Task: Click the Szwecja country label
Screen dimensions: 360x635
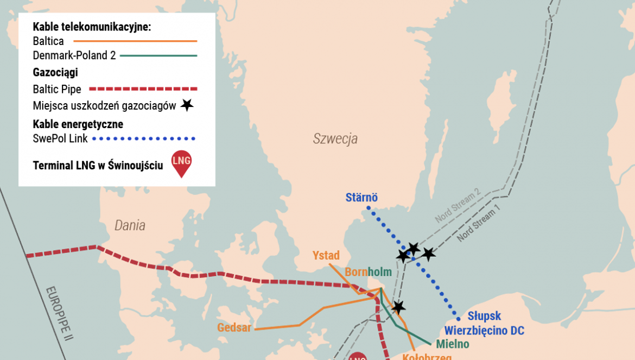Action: click(x=335, y=138)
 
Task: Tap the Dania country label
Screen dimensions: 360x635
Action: click(x=130, y=225)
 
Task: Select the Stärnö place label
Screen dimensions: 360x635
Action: click(x=361, y=198)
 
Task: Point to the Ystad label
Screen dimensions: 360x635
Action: click(x=326, y=255)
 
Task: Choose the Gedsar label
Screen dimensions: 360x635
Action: click(x=234, y=327)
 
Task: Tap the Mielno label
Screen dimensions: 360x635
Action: click(x=452, y=344)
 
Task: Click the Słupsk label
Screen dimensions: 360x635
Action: click(x=484, y=316)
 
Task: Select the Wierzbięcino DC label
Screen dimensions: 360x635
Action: click(x=484, y=330)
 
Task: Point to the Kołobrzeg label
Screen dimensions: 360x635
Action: click(x=427, y=356)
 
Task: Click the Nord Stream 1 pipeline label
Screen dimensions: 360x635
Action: click(x=478, y=224)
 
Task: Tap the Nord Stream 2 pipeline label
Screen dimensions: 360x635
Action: click(x=458, y=206)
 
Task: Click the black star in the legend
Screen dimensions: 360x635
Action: click(x=187, y=105)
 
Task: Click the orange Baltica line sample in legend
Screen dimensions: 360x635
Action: click(x=135, y=41)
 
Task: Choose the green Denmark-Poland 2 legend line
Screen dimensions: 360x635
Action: click(x=158, y=55)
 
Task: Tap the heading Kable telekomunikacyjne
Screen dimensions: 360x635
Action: click(x=92, y=27)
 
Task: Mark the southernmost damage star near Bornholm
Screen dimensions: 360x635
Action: click(x=398, y=307)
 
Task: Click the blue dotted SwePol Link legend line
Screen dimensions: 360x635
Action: click(x=144, y=138)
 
